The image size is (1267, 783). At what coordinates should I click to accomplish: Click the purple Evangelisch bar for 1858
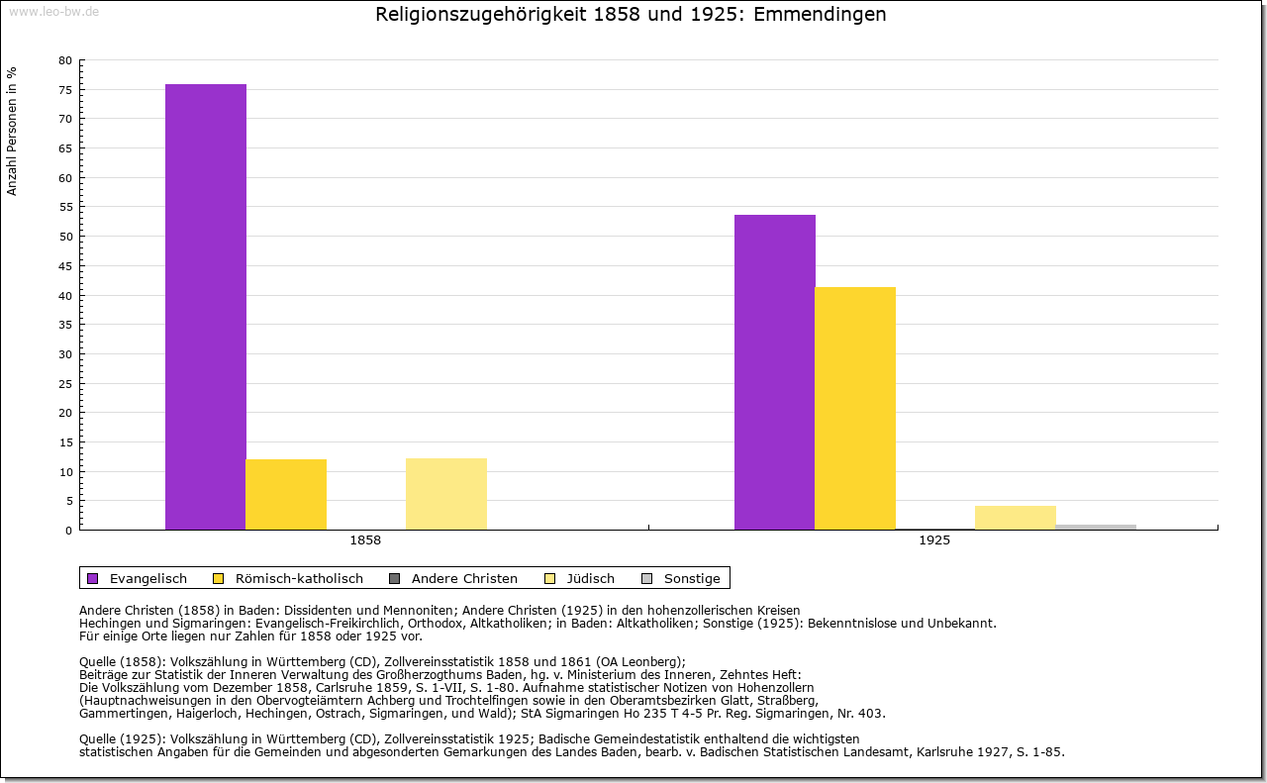(206, 307)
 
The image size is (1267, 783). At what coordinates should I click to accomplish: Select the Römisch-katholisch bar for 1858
(286, 494)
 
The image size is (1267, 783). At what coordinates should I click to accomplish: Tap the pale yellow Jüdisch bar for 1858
(446, 494)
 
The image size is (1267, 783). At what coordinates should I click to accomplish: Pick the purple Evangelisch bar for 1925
(775, 372)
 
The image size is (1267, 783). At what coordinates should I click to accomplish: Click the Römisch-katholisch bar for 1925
(855, 408)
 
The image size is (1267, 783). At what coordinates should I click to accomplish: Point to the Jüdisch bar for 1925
(1016, 518)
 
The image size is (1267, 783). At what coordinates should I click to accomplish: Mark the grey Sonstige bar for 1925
(1096, 527)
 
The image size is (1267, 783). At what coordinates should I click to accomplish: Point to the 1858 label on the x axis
(365, 540)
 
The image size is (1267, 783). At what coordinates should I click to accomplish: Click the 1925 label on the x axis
(934, 540)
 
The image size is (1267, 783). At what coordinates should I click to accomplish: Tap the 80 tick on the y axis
(65, 60)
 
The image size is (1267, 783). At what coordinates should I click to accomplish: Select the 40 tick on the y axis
(65, 295)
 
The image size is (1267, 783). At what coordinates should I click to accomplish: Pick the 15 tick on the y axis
(65, 442)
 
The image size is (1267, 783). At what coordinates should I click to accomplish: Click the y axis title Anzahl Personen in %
(12, 131)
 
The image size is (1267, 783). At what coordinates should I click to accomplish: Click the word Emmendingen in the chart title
(821, 15)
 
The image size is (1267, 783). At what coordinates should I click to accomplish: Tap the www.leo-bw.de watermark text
(53, 11)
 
